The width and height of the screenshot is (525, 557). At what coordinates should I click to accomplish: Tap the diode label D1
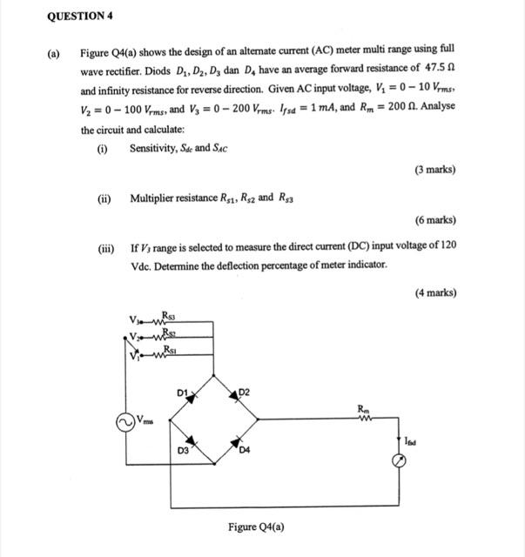[x=182, y=394]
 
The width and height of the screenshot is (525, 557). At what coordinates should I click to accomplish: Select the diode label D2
[x=246, y=393]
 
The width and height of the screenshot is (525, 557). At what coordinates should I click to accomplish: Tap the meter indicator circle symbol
[x=398, y=461]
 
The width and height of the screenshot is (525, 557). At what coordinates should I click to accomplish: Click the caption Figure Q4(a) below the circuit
[x=256, y=527]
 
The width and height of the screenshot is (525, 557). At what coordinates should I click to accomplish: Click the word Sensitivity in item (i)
[x=154, y=148]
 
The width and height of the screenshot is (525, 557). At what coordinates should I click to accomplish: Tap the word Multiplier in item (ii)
[x=154, y=198]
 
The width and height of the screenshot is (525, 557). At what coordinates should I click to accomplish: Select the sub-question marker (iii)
[x=104, y=245]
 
